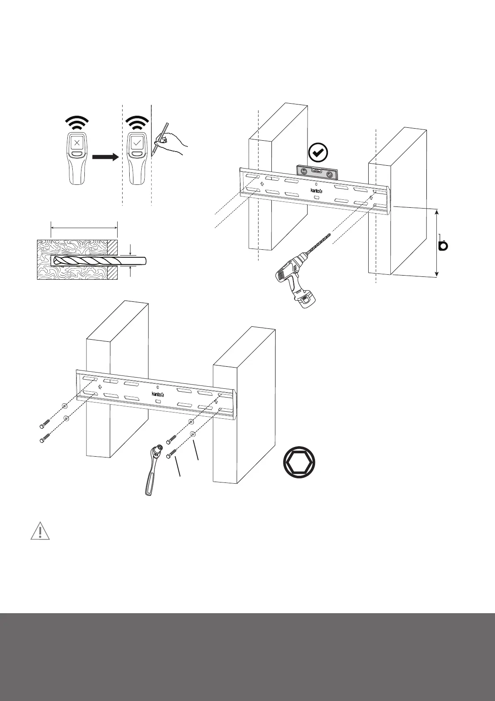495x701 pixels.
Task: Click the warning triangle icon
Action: coord(40,532)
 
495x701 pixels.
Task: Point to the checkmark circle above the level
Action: coord(319,153)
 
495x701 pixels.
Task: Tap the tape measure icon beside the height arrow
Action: coord(443,245)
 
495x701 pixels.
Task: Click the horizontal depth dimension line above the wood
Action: coord(84,227)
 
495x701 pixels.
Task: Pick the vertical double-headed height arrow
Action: coord(437,243)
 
